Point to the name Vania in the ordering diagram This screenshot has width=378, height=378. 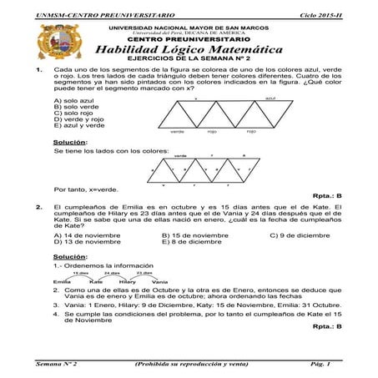tap(159, 281)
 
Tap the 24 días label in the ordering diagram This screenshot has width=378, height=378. tap(112, 272)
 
